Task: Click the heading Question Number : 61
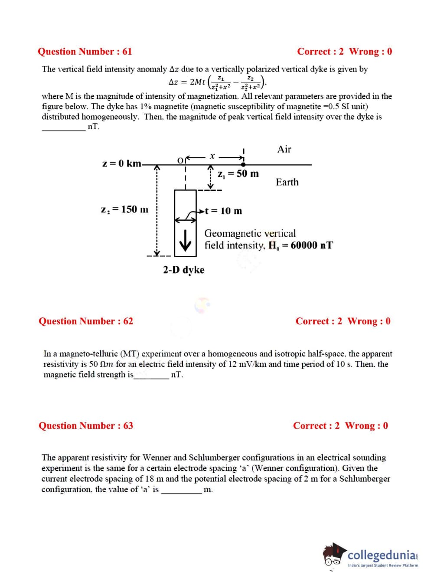tap(85, 52)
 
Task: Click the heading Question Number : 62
tap(86, 321)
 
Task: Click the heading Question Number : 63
tap(86, 426)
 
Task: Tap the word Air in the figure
tap(284, 149)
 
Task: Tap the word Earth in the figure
tap(287, 182)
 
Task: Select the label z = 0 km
tap(122, 163)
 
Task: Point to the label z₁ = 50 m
tap(238, 174)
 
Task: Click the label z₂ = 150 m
tap(124, 209)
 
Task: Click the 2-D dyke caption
tap(184, 270)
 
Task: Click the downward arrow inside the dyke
tap(186, 240)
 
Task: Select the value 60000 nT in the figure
tap(312, 245)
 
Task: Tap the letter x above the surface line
tap(212, 156)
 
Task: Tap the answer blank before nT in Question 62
tap(151, 376)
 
